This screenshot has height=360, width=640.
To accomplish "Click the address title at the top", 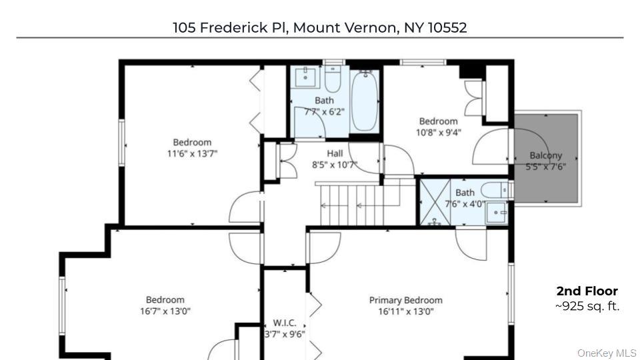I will pyautogui.click(x=319, y=27).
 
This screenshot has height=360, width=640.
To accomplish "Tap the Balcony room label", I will pyautogui.click(x=545, y=155).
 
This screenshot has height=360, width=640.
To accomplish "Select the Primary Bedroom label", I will pyautogui.click(x=405, y=300).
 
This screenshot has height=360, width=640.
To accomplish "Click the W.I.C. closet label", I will pyautogui.click(x=285, y=323).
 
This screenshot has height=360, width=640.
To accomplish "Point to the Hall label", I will pyautogui.click(x=335, y=154).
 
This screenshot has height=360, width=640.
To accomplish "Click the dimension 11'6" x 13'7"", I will pyautogui.click(x=192, y=153).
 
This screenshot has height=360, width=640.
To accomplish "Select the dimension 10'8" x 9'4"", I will pyautogui.click(x=438, y=132).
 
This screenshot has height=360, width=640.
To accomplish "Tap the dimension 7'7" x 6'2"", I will pyautogui.click(x=324, y=111).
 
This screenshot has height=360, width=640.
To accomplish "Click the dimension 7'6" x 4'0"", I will pyautogui.click(x=465, y=204).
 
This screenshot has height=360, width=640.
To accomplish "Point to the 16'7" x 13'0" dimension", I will pyautogui.click(x=165, y=311).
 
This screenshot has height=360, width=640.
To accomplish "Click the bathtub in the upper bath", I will pyautogui.click(x=364, y=101).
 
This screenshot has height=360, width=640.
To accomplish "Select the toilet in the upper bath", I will pyautogui.click(x=333, y=78).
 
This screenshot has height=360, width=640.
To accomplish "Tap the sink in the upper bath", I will pyautogui.click(x=306, y=77).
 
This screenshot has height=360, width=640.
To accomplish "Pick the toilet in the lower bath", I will pyautogui.click(x=497, y=190).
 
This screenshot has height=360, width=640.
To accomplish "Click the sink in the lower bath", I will pyautogui.click(x=497, y=213).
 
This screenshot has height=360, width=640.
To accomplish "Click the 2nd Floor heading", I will pyautogui.click(x=587, y=291).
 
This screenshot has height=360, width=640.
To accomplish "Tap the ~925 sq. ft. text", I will pyautogui.click(x=587, y=306).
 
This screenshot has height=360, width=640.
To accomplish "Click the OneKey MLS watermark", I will pyautogui.click(x=607, y=353).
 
